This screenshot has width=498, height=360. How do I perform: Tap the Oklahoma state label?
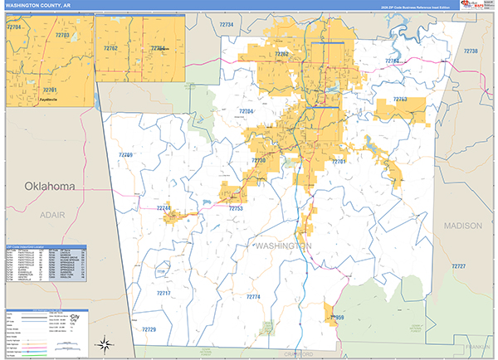[51, 185]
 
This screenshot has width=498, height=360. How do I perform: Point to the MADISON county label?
[461, 225]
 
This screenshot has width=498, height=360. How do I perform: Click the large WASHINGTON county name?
[285, 247]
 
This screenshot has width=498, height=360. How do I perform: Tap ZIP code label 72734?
[226, 26]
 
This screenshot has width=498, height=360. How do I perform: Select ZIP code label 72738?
[470, 51]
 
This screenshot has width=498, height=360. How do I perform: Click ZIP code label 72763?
[399, 100]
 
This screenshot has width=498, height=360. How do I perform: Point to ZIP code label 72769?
[124, 155]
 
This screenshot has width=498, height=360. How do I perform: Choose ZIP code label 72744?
[163, 208]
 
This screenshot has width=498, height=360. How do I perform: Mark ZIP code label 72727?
[458, 265]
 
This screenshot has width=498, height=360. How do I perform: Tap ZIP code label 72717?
[164, 294]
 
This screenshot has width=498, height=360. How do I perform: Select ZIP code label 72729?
[148, 329]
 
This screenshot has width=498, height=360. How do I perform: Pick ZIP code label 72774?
[252, 296]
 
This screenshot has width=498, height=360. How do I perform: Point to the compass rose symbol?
[105, 343]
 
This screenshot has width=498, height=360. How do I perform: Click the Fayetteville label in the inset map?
[49, 100]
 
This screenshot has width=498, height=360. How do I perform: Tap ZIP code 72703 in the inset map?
[62, 36]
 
